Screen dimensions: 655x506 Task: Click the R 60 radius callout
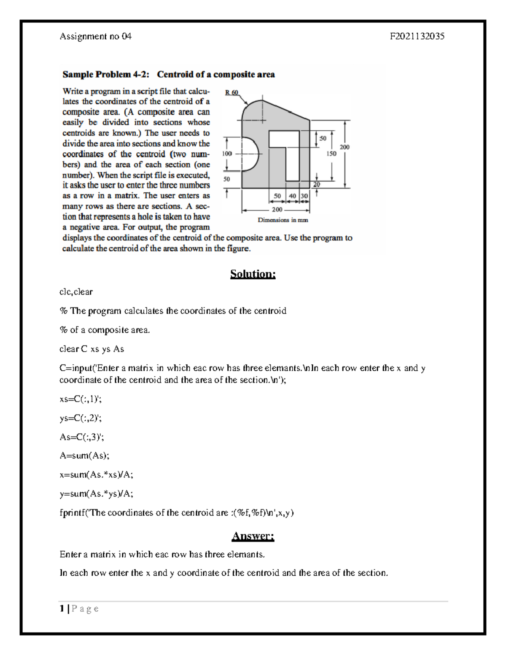click(231, 92)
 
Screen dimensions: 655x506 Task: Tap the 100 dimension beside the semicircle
click(227, 154)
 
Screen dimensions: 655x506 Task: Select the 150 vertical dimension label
click(331, 154)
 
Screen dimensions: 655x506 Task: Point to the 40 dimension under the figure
click(292, 196)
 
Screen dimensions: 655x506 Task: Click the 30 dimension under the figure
click(304, 196)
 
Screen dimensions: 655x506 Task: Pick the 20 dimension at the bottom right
click(316, 185)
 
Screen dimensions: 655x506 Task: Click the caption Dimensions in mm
click(283, 220)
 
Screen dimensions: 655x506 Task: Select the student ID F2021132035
click(417, 36)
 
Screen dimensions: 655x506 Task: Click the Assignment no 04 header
click(96, 36)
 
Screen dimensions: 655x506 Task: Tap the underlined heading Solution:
click(253, 274)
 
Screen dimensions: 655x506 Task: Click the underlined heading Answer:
click(253, 536)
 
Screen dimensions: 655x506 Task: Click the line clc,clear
click(76, 292)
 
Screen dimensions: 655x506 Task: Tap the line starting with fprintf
click(177, 513)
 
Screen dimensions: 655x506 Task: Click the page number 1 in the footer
click(62, 609)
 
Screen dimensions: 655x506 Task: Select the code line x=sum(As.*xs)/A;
click(96, 474)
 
